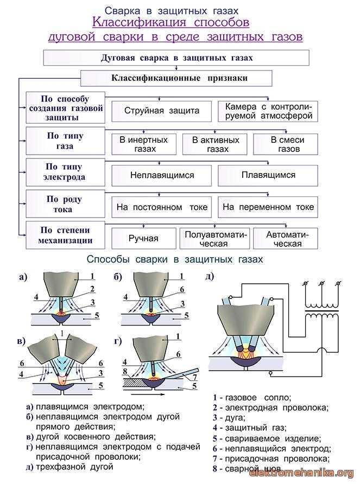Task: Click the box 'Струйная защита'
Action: coord(162,111)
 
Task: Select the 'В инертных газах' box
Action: coord(144,144)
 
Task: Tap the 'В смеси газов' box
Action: coord(286,144)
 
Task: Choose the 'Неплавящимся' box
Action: coord(162,176)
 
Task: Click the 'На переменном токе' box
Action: coord(268,207)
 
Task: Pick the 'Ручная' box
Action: coord(144,238)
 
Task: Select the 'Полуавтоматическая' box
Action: coord(215,238)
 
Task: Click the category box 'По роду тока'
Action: coord(65,204)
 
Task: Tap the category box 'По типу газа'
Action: coord(65,141)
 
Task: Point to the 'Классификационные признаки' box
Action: coord(176,78)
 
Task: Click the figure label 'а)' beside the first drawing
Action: coord(23,277)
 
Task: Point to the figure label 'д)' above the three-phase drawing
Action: coord(210,276)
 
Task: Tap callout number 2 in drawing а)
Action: coord(92,289)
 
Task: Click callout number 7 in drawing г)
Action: coord(194,377)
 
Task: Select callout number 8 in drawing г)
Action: coord(125,371)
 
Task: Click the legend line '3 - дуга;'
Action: coord(229,418)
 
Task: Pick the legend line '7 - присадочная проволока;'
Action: coord(271,459)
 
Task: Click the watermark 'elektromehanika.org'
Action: coord(301,473)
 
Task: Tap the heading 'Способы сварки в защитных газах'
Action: coord(175,259)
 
